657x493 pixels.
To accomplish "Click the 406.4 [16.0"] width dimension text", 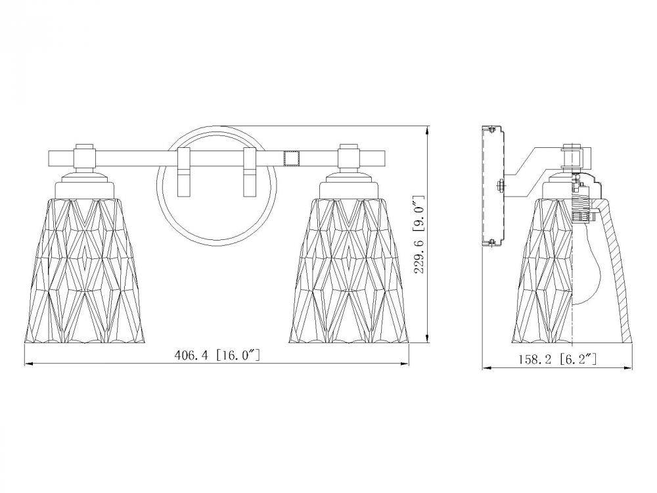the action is [x=217, y=356].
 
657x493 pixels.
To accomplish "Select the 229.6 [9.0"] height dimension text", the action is [x=419, y=235].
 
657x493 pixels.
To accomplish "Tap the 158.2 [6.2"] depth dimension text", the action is [x=557, y=360].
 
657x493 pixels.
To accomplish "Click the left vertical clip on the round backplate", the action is [x=184, y=172].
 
